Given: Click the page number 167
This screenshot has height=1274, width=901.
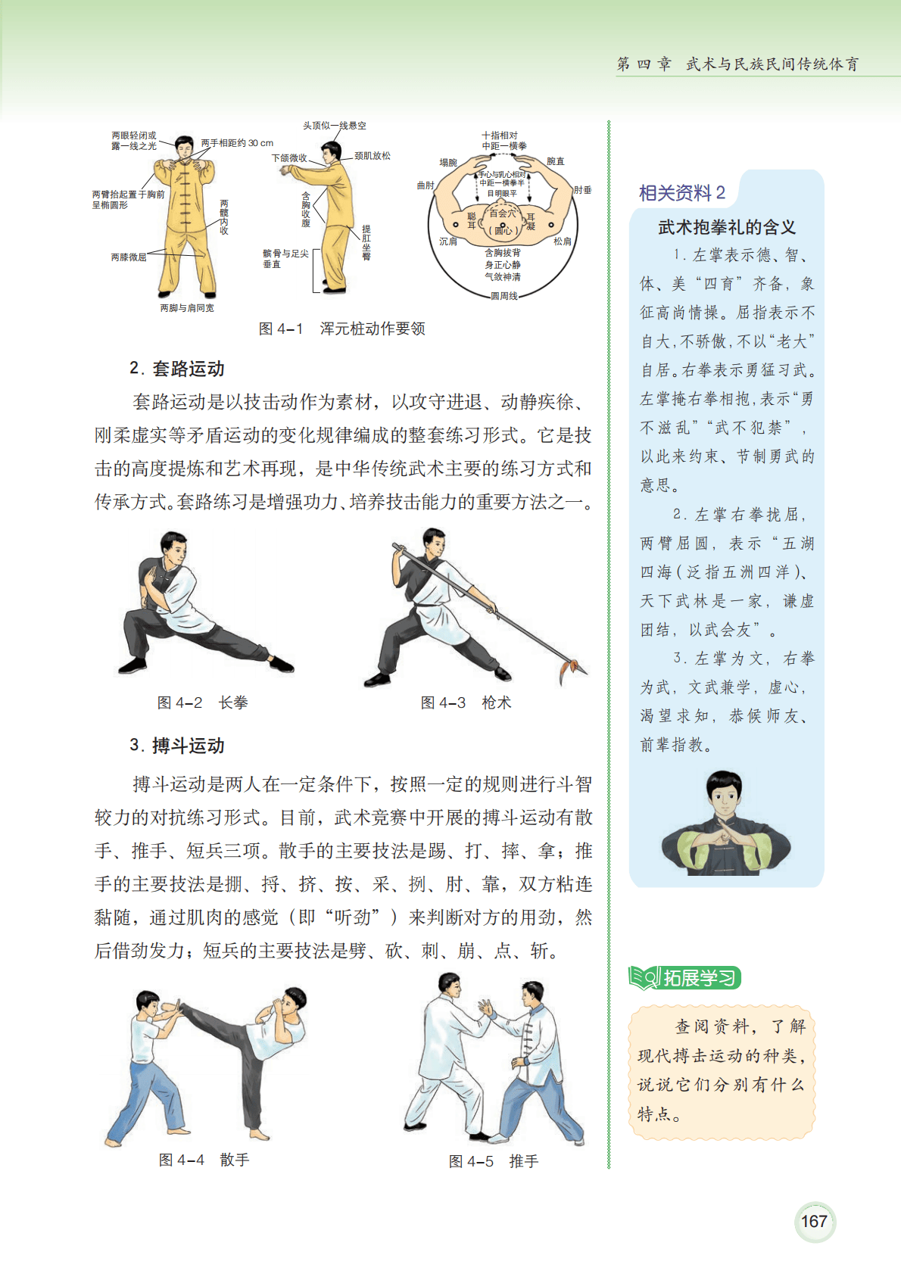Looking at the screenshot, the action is click(x=814, y=1220).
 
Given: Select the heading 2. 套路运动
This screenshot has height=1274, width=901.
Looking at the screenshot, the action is click(x=177, y=369).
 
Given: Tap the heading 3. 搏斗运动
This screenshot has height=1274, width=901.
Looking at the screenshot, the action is click(x=177, y=745).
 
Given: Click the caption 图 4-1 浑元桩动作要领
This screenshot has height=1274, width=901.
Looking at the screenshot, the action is click(x=342, y=329).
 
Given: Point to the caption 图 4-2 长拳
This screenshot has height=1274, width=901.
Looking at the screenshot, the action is click(x=202, y=702).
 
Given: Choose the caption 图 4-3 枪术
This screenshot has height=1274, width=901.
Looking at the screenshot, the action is click(x=466, y=702).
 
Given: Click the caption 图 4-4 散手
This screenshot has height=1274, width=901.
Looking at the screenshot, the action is click(x=204, y=1160).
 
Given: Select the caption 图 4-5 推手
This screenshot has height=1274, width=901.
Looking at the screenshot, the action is click(x=494, y=1160).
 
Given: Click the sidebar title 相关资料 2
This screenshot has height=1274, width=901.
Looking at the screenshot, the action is click(x=682, y=193).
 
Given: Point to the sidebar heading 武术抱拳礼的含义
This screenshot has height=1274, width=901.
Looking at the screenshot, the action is click(x=727, y=228).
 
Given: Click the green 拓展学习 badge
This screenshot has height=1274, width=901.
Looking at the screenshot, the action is click(x=685, y=978).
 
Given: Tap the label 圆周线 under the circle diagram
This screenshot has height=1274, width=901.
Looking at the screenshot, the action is click(x=504, y=296).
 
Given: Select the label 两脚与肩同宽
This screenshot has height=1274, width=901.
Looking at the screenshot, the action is click(x=187, y=307).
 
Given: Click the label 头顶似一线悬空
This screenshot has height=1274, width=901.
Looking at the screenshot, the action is click(x=335, y=125).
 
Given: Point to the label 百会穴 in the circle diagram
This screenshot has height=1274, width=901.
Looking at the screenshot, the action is click(x=502, y=213).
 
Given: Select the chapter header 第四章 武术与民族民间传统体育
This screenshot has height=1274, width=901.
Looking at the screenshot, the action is click(x=737, y=64).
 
